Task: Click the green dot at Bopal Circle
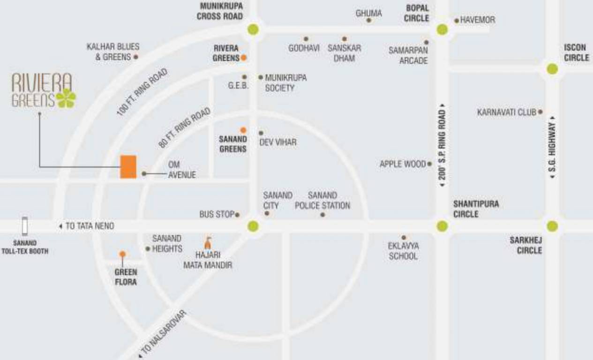point(442,30)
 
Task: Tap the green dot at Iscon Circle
point(552,69)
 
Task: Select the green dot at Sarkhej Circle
point(552,226)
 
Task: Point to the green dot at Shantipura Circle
point(442,226)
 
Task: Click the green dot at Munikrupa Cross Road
point(253,30)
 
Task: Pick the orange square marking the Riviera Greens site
point(128,167)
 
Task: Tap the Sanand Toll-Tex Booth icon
point(25,226)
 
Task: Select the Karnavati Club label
point(506,112)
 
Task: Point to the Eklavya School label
point(403,251)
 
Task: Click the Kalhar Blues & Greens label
point(113,52)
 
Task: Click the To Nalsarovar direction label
point(164,333)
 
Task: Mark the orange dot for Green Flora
point(122,254)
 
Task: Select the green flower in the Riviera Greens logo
point(66,98)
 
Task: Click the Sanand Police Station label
point(322,200)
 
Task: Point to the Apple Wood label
point(403,165)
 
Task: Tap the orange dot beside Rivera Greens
point(244,58)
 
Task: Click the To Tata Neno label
point(89,226)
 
